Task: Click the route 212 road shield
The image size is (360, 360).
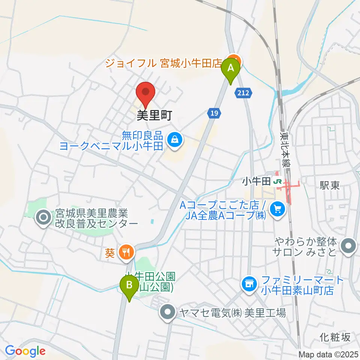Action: tap(243, 92)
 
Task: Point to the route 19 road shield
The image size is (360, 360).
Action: tap(213, 112)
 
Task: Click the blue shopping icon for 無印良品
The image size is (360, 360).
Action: tap(175, 140)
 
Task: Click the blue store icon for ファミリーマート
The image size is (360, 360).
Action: tap(249, 282)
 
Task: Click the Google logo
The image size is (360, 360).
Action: tap(25, 351)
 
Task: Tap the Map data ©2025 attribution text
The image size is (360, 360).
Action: tap(328, 354)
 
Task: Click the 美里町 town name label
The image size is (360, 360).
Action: tap(154, 115)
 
